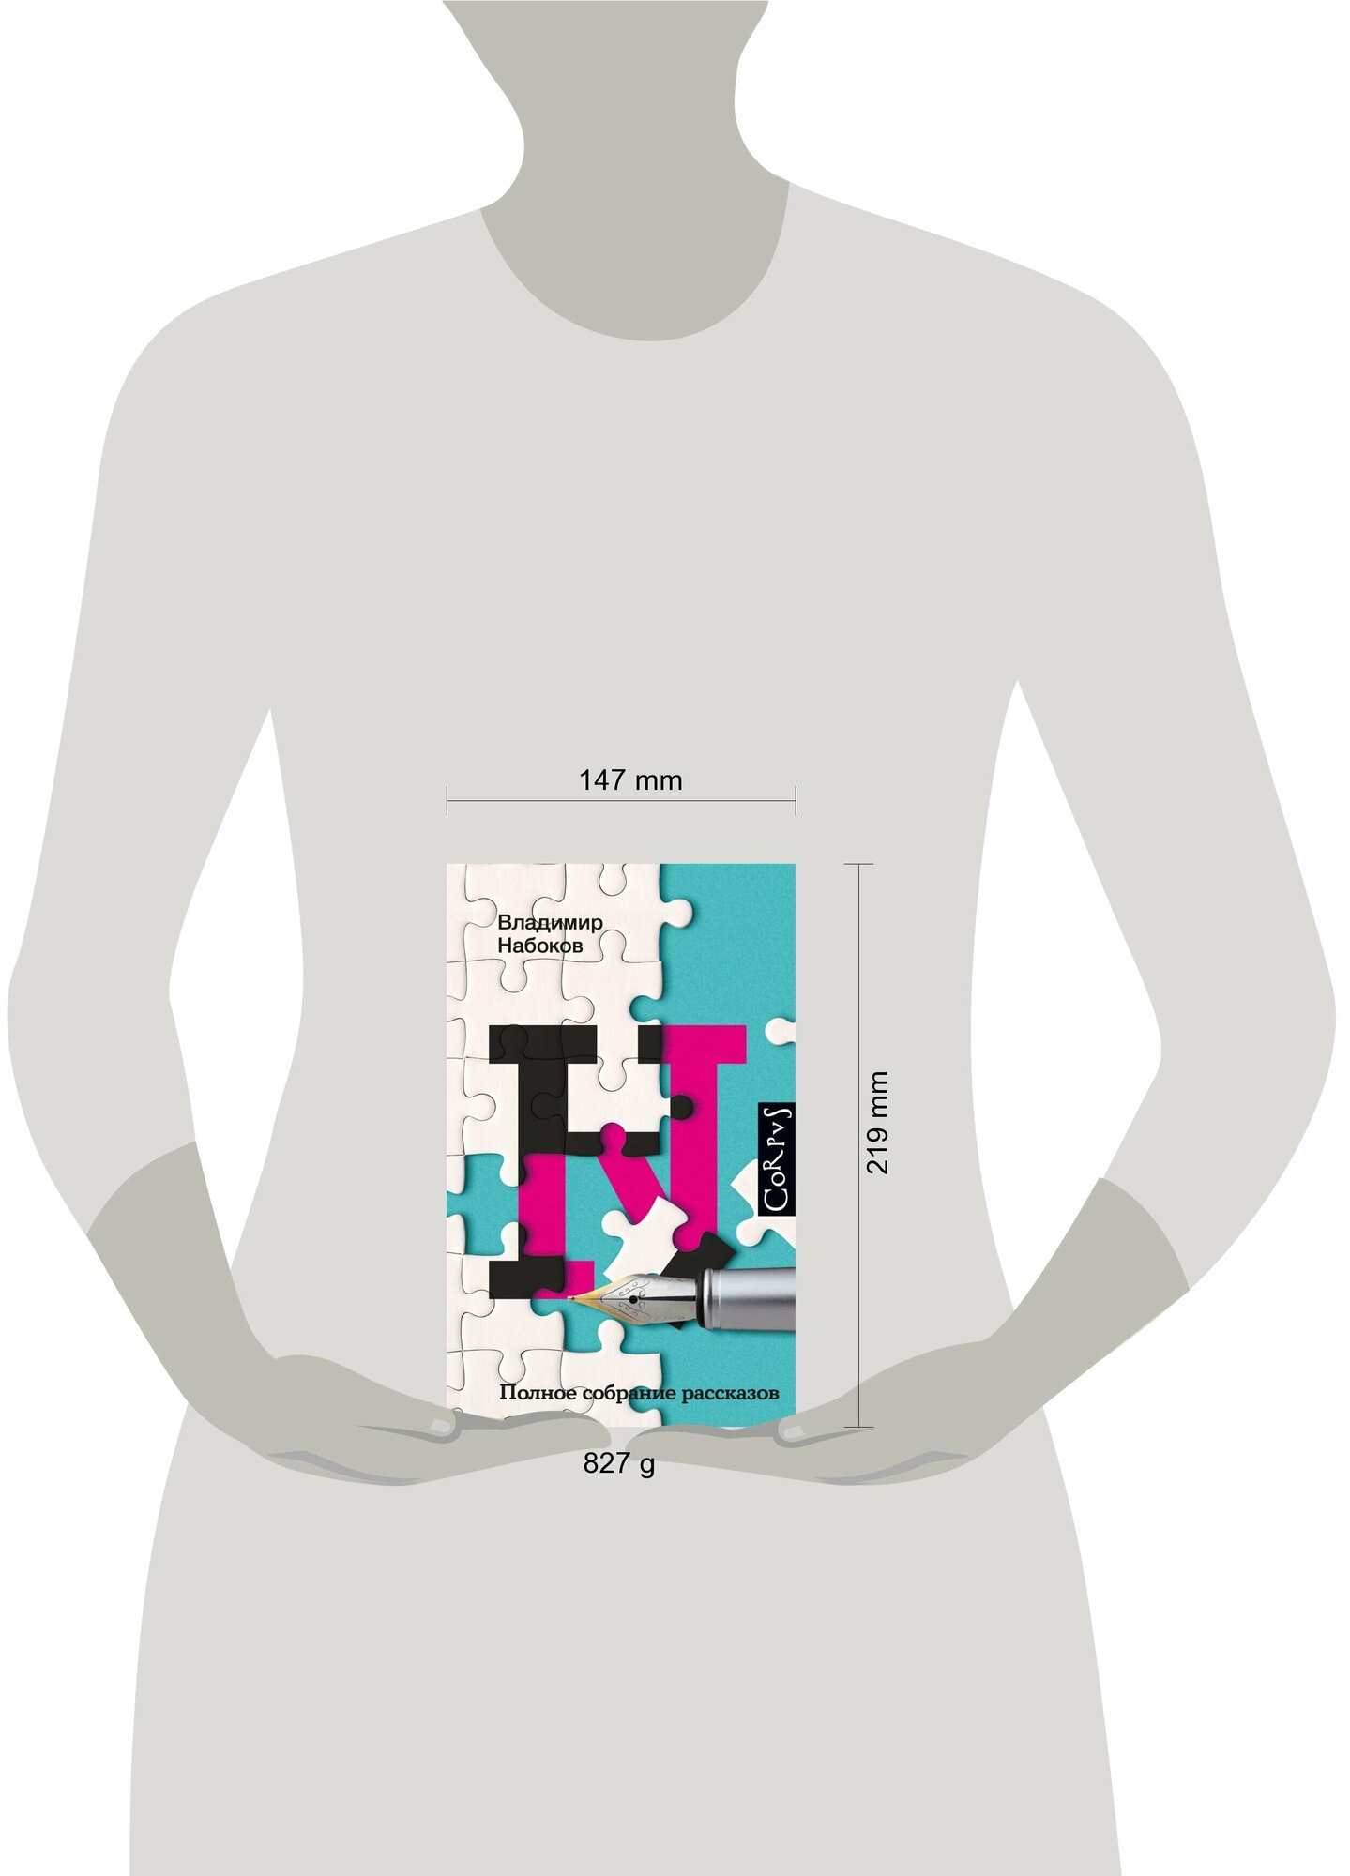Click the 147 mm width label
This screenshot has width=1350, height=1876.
(x=629, y=780)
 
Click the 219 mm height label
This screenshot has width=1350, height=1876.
(x=877, y=1122)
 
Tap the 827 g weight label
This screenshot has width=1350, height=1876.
(x=619, y=1463)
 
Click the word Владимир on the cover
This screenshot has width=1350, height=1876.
(x=550, y=922)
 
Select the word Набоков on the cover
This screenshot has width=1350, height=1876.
(x=540, y=946)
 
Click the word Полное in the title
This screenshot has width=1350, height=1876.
(x=538, y=1393)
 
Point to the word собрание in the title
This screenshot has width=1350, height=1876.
(x=629, y=1394)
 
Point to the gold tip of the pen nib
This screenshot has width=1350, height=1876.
(x=569, y=1298)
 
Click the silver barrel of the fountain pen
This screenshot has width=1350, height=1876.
(x=748, y=1298)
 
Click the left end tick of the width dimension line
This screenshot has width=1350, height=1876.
(x=447, y=801)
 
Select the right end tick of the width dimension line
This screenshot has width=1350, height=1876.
(x=796, y=801)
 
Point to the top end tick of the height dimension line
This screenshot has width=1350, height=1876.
(x=859, y=864)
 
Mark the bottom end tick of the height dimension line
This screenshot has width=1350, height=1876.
(x=859, y=1427)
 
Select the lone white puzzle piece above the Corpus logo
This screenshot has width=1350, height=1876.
(x=781, y=1031)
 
